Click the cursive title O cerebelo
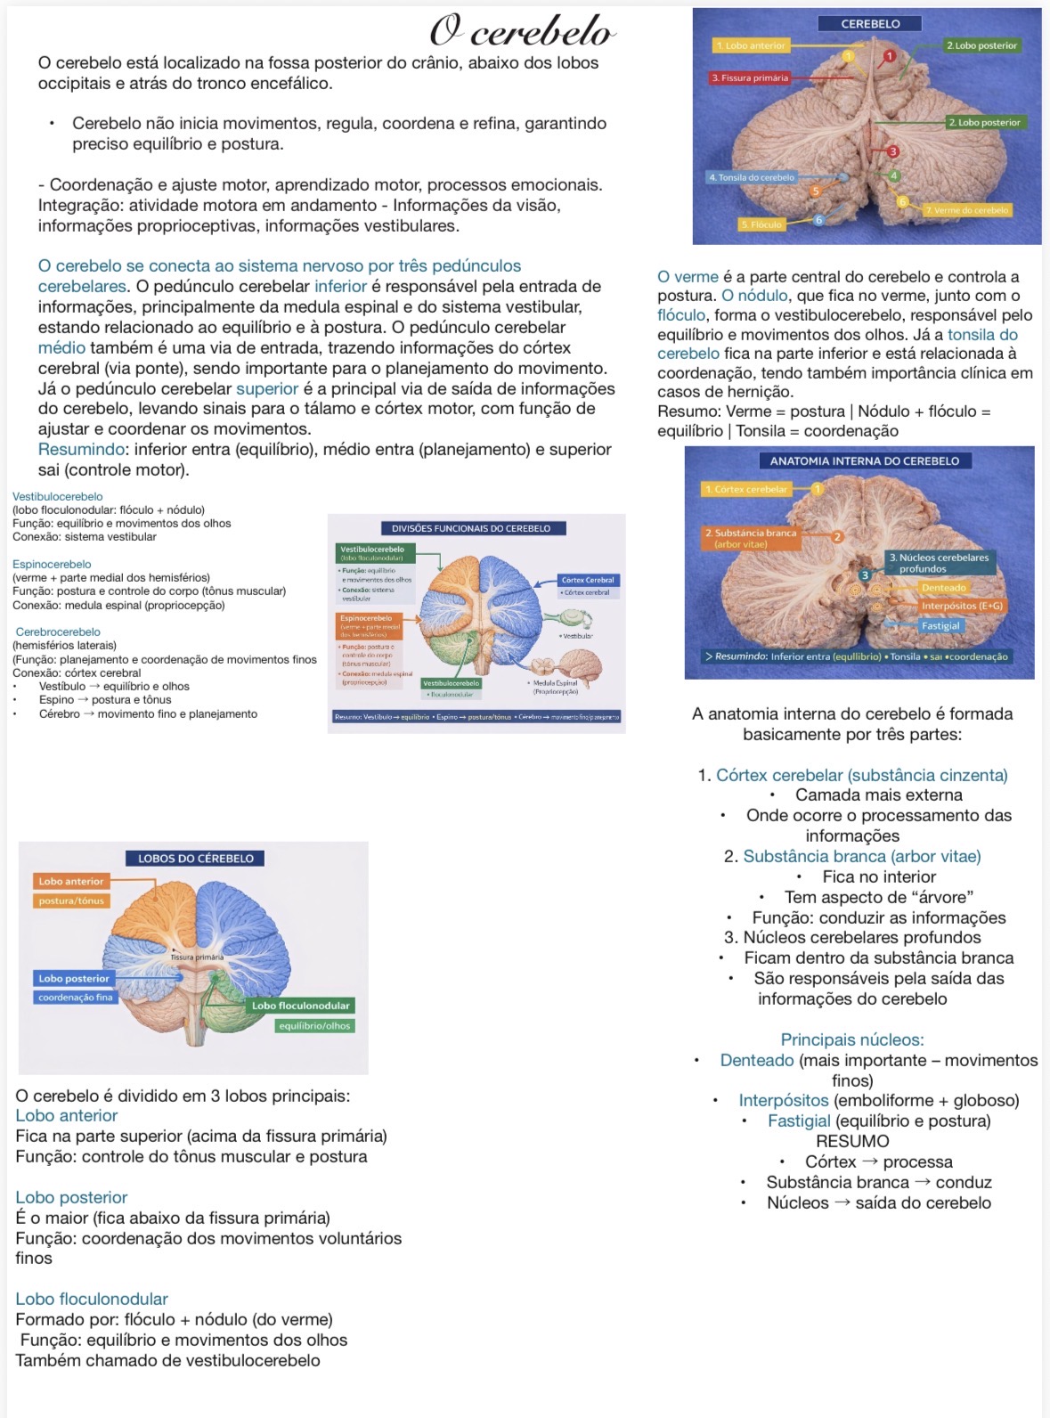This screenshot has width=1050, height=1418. [523, 31]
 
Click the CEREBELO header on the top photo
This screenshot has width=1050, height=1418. [870, 24]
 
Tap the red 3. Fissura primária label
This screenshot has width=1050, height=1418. [750, 78]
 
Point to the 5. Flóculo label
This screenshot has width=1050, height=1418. [761, 224]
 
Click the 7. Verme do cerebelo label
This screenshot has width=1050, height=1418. [966, 210]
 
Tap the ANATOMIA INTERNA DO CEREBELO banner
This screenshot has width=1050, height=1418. [865, 461]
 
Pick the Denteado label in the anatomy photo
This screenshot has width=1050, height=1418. [944, 588]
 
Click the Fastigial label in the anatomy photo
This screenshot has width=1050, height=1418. [940, 626]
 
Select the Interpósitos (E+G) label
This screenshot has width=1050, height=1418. [962, 606]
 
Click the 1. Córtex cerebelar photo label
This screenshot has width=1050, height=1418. [746, 489]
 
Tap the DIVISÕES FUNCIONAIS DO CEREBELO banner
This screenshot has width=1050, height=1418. [471, 528]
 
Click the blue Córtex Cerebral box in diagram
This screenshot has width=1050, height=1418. [588, 580]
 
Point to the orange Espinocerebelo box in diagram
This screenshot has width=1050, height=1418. [366, 618]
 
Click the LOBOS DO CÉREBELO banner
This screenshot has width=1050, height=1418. [195, 859]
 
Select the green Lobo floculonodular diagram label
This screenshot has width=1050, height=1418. [300, 1006]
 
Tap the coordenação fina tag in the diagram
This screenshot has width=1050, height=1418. [76, 998]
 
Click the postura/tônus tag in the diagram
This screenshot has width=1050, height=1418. [71, 901]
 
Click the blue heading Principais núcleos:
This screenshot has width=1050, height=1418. [852, 1039]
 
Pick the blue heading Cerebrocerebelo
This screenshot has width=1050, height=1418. [58, 632]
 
